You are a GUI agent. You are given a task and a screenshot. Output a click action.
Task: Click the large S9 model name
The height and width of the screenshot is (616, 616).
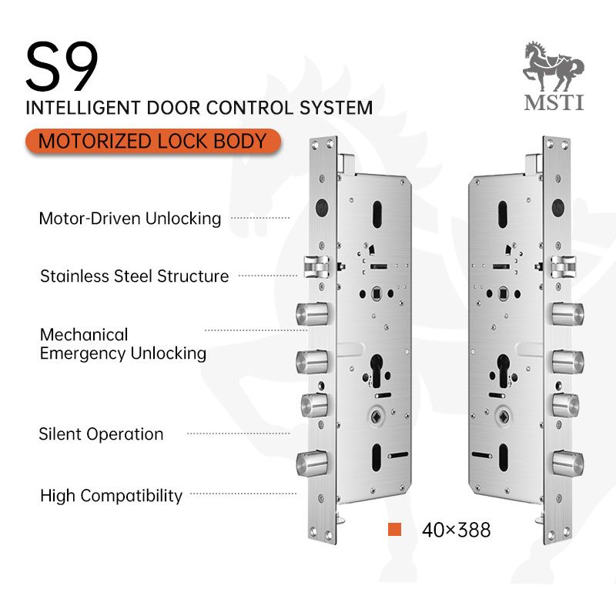tap(62, 66)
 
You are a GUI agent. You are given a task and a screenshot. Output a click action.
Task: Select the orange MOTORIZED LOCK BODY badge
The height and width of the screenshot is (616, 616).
tap(152, 142)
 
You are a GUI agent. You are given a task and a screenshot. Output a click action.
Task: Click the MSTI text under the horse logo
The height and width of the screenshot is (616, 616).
tap(554, 102)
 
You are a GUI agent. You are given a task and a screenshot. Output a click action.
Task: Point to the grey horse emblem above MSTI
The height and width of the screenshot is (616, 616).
tap(553, 66)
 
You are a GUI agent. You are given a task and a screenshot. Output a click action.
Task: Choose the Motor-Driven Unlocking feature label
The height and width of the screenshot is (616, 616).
tap(130, 219)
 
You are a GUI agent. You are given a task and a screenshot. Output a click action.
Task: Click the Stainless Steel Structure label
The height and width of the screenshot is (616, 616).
tap(134, 276)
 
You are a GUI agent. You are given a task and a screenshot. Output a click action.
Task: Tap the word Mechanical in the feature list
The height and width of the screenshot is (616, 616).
tap(84, 335)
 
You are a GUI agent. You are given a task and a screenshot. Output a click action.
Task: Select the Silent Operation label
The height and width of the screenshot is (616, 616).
tap(101, 434)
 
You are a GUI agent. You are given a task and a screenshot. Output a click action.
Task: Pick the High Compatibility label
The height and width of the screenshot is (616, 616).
tap(111, 496)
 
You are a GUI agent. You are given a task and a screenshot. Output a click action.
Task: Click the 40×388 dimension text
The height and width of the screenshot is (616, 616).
tap(456, 530)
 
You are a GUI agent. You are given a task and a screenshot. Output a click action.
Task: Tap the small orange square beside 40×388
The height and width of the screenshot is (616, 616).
tap(394, 529)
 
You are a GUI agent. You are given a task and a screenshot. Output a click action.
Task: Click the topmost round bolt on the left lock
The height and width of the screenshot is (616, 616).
tap(312, 313)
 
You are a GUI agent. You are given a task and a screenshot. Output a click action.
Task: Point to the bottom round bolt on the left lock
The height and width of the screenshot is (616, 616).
tap(312, 464)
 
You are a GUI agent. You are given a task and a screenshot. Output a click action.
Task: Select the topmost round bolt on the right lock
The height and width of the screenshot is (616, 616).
tap(567, 314)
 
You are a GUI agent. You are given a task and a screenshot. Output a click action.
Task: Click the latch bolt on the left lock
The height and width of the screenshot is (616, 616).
tap(316, 266)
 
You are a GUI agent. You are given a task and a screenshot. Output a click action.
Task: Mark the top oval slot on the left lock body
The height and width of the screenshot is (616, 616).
tap(377, 214)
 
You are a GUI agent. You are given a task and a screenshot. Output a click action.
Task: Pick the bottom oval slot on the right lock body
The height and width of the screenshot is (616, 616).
tap(503, 457)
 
